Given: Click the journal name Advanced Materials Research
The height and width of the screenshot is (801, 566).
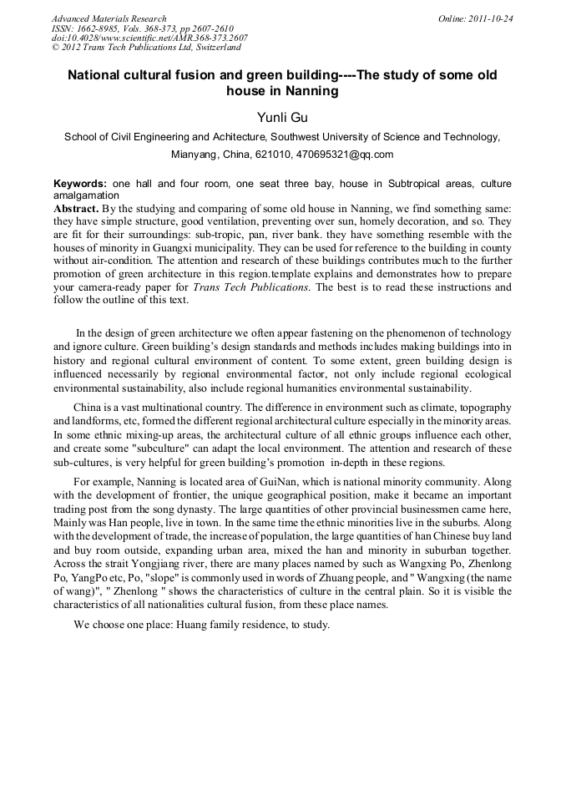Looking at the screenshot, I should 109,18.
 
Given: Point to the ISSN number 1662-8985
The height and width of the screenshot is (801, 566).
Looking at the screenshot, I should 104,28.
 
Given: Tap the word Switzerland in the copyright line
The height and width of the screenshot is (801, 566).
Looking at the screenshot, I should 211,48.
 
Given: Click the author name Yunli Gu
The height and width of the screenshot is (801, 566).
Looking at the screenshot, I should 281,118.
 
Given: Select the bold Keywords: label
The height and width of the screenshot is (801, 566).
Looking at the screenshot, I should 81,183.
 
